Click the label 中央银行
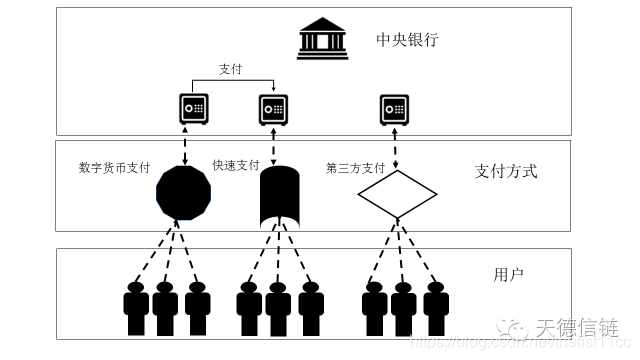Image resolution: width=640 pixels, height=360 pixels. click(x=407, y=41)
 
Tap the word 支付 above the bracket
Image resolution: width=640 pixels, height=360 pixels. click(x=231, y=69)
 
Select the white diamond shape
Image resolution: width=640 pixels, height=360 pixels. click(x=397, y=193)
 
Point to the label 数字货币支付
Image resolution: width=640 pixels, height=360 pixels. click(x=113, y=167)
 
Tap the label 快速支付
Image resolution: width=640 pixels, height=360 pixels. click(x=236, y=165)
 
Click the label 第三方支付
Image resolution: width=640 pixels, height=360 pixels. click(x=355, y=167)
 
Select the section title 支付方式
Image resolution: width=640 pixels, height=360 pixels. click(x=505, y=171)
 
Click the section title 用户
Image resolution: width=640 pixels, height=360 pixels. click(x=507, y=274)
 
